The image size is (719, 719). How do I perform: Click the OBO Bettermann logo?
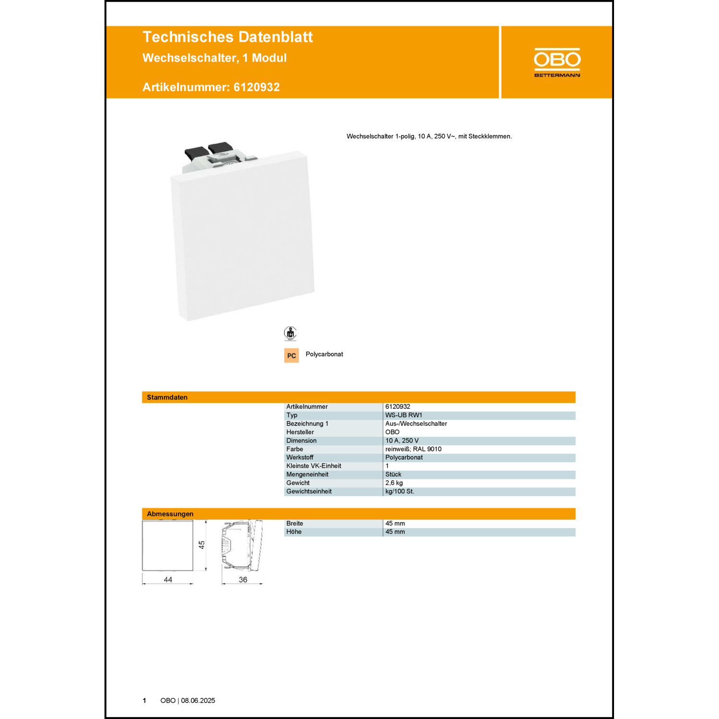click(x=557, y=62)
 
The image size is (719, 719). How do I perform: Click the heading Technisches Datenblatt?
click(x=228, y=37)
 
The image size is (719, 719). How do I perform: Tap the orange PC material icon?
click(x=291, y=355)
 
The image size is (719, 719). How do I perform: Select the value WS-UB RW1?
click(x=404, y=415)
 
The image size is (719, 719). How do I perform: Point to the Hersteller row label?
click(x=300, y=432)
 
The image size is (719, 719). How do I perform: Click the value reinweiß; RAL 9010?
click(x=413, y=449)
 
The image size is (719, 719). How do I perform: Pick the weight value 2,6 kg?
click(x=394, y=483)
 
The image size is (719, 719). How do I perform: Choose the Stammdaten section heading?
click(x=167, y=397)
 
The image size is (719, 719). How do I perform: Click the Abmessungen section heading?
click(x=170, y=514)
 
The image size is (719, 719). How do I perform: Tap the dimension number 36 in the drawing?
click(x=243, y=580)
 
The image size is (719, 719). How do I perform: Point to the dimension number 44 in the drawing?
click(x=168, y=580)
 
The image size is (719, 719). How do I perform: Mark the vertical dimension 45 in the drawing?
click(x=202, y=545)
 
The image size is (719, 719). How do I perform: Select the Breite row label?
click(x=295, y=523)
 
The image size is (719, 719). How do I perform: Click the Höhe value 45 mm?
click(x=395, y=532)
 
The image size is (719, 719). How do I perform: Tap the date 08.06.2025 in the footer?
click(x=198, y=700)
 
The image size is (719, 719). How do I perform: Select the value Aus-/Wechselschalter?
click(x=416, y=424)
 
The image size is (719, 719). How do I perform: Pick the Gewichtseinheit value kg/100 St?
click(x=400, y=491)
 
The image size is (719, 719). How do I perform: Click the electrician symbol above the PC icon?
click(x=290, y=333)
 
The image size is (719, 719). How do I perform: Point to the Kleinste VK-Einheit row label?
click(x=314, y=466)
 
